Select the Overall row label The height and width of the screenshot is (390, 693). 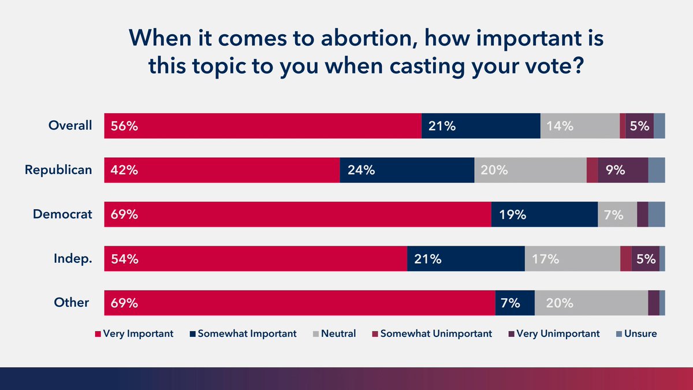[x=70, y=125]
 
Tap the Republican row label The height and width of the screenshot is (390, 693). [x=58, y=170]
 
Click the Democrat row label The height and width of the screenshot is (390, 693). [x=62, y=214]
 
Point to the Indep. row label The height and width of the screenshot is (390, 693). [x=70, y=259]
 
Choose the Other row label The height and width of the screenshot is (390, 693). [x=72, y=303]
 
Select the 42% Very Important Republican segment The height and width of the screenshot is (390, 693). [x=222, y=170]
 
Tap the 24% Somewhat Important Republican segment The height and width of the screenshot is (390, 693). [x=407, y=170]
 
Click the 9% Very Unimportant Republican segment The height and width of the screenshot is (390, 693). [x=623, y=170]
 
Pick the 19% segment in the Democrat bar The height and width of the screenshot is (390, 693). [x=544, y=214]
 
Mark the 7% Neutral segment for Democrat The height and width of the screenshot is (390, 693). [x=617, y=214]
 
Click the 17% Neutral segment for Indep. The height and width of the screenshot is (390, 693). [x=572, y=259]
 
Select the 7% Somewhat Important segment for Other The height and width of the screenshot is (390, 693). [x=515, y=303]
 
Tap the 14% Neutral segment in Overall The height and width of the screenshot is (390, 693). [x=579, y=126]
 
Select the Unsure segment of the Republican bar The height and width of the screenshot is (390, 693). [x=656, y=170]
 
